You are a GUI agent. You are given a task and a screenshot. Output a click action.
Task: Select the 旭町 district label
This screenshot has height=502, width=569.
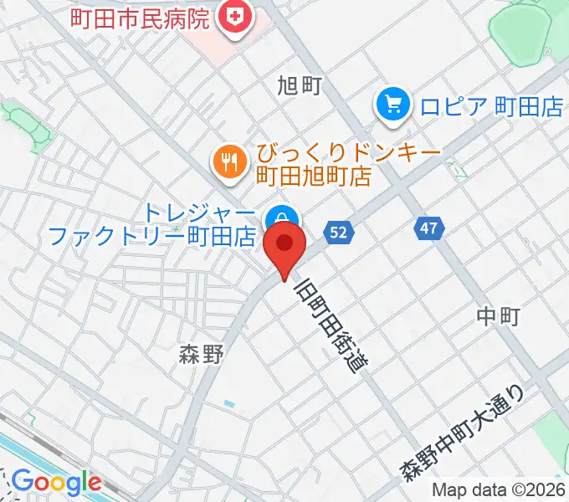(x=299, y=85)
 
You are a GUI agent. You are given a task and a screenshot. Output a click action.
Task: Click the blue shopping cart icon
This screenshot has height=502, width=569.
(x=392, y=105)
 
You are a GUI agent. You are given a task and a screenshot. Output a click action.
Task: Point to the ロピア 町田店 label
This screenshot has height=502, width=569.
(x=479, y=106)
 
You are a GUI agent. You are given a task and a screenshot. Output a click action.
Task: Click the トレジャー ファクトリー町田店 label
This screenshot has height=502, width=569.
(x=151, y=224)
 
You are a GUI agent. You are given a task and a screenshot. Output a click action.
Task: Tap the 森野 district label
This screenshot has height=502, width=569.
(x=202, y=355)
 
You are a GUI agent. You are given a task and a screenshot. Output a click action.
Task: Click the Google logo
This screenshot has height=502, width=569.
(x=55, y=483)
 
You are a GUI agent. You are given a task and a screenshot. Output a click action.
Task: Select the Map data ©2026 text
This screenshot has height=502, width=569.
(x=499, y=490)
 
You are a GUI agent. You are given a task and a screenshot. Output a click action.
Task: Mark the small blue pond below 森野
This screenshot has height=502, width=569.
(x=229, y=405)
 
